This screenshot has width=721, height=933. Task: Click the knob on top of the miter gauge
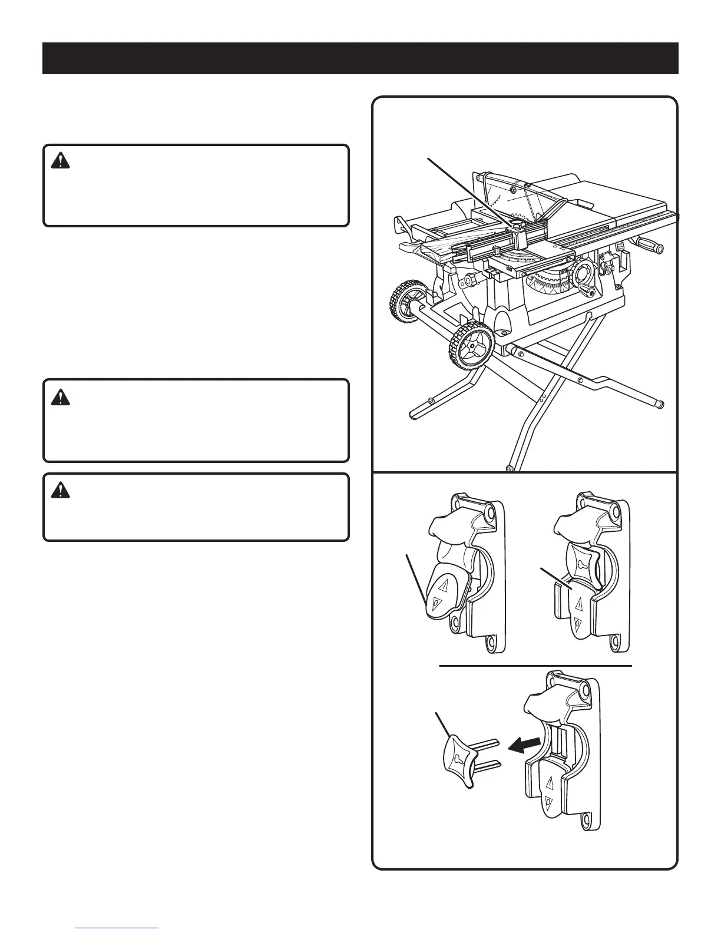click(518, 224)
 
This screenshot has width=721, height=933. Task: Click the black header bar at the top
click(360, 58)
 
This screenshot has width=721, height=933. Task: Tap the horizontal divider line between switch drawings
click(535, 666)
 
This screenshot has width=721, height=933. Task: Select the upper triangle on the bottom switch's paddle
click(550, 783)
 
